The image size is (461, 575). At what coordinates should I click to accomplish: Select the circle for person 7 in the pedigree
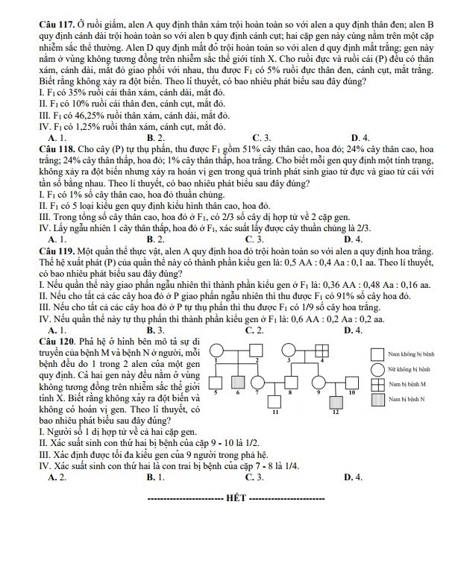coord(258,382)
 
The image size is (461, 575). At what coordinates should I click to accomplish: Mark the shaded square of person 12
coord(334,403)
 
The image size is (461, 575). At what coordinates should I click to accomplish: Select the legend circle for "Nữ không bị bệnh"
coord(376,368)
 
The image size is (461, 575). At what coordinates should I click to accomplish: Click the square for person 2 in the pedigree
coord(257,351)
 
